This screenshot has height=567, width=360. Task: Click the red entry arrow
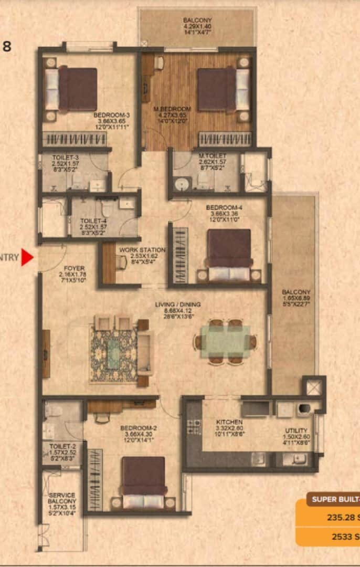point(27,258)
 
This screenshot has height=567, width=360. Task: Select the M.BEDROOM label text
point(172,109)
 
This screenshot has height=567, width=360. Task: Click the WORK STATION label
point(142,250)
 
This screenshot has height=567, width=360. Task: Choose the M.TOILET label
point(213,156)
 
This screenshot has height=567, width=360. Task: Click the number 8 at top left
point(7,46)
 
